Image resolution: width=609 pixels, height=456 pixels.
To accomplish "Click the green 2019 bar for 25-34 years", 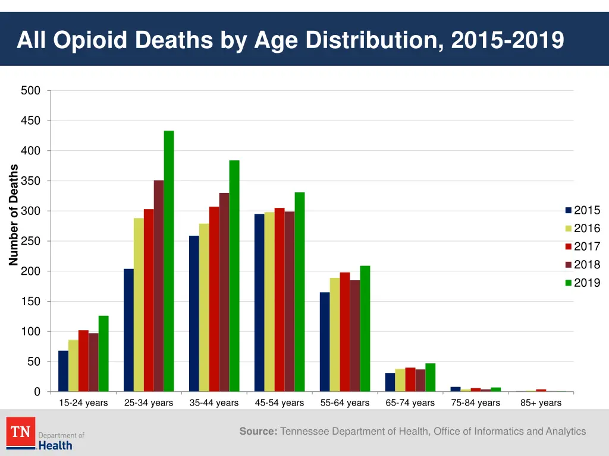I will click(169, 261).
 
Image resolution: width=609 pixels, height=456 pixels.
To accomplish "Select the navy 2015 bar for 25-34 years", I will click(128, 330).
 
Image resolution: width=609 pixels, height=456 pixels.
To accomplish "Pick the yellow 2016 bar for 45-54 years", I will click(269, 302).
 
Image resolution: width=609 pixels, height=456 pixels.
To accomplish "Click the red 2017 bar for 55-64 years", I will click(345, 332).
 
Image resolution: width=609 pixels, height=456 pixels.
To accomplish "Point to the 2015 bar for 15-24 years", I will click(63, 371).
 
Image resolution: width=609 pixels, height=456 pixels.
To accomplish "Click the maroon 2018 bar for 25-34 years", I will click(159, 286).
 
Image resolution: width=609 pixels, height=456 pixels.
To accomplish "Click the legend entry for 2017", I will click(583, 246).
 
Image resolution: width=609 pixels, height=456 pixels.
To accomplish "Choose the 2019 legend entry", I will click(583, 283).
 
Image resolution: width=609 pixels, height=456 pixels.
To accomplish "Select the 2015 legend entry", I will click(583, 210).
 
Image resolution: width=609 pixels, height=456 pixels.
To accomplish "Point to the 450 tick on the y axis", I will click(30, 121).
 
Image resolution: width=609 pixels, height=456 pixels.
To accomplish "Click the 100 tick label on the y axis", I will click(30, 331).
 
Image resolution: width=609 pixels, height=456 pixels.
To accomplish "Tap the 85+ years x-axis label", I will click(541, 403).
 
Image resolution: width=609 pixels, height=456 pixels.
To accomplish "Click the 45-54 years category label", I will click(280, 403).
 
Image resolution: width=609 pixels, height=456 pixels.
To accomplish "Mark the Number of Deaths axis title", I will click(14, 215).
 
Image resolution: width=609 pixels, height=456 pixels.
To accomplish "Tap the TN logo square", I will click(21, 432).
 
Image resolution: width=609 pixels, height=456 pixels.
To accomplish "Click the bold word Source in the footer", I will click(258, 432).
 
